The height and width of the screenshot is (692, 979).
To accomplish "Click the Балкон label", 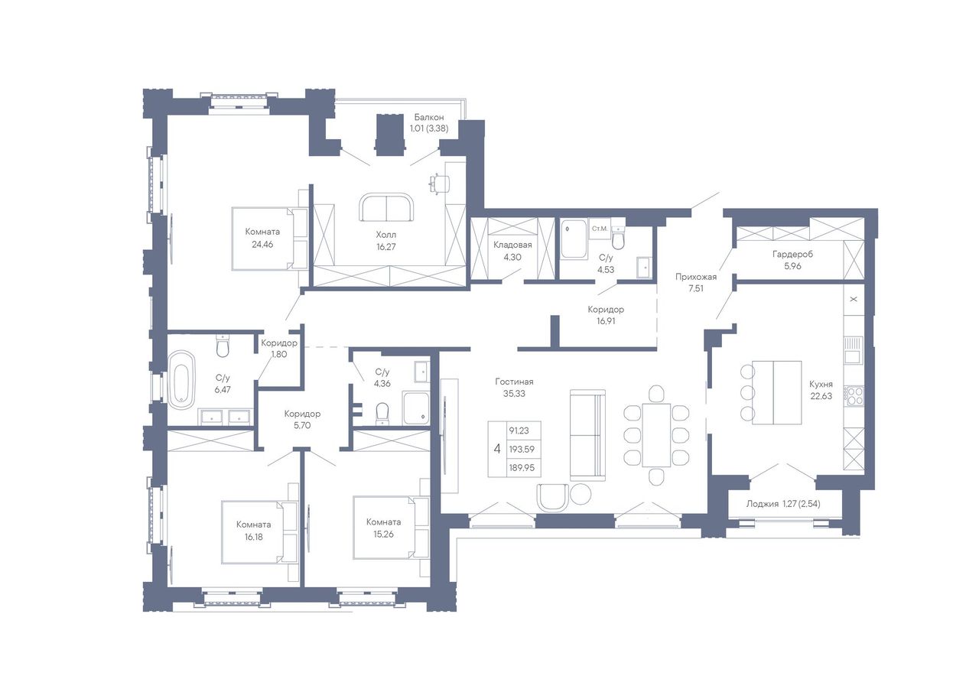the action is pyautogui.click(x=429, y=117).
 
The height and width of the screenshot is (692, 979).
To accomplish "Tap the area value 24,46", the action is pyautogui.click(x=262, y=244).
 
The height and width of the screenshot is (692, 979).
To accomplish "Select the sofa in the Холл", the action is pyautogui.click(x=386, y=207).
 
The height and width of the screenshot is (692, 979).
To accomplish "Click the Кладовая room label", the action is pyautogui.click(x=512, y=245).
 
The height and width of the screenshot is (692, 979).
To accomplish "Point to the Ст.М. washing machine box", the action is pyautogui.click(x=600, y=229).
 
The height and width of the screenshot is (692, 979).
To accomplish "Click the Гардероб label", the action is pyautogui.click(x=792, y=254).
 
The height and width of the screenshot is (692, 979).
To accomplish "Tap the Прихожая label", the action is pyautogui.click(x=696, y=277).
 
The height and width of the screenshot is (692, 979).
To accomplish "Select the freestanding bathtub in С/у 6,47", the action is pyautogui.click(x=181, y=379).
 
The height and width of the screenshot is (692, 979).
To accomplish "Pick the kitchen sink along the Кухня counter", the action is pyautogui.click(x=853, y=350).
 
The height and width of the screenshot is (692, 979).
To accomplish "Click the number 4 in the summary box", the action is pyautogui.click(x=497, y=449).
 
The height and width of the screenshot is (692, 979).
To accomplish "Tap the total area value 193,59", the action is pyautogui.click(x=522, y=449).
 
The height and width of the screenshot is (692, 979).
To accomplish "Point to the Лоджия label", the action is pyautogui.click(x=763, y=504).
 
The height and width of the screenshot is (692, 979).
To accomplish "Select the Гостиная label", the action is pyautogui.click(x=514, y=382).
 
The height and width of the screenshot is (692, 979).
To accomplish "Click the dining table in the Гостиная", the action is pyautogui.click(x=656, y=435).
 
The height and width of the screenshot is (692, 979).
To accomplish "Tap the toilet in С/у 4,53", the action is pyautogui.click(x=618, y=237).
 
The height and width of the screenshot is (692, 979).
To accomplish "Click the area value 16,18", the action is pyautogui.click(x=254, y=537).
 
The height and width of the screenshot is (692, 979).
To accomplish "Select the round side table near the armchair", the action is pyautogui.click(x=581, y=494).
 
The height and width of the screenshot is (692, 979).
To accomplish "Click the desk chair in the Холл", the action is pyautogui.click(x=440, y=184).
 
